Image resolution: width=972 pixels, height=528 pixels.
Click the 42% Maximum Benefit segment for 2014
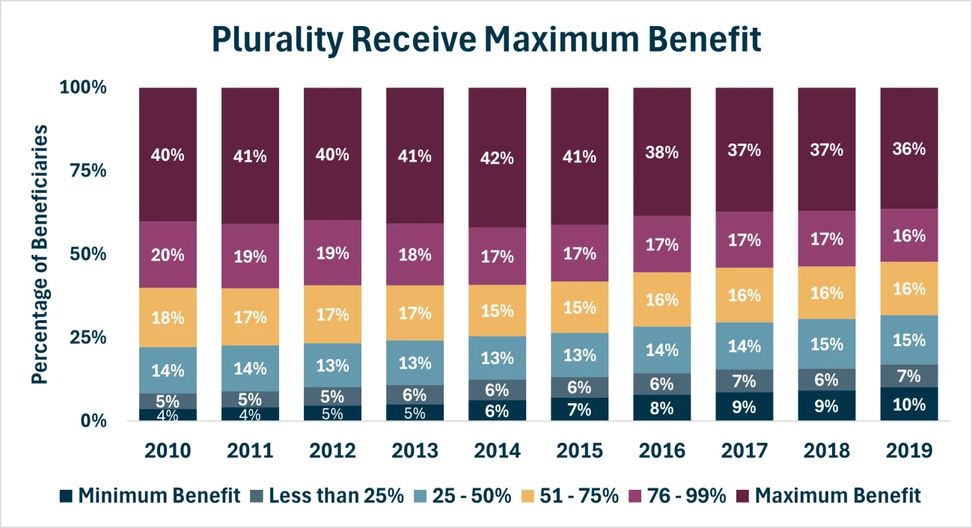497,158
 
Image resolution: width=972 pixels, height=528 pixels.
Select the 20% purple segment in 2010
168,255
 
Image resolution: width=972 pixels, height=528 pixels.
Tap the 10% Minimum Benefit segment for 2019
908,405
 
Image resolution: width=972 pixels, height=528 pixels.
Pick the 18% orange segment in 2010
168,317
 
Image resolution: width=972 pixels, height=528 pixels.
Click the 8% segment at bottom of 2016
661,408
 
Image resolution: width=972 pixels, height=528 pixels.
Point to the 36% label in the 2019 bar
908,149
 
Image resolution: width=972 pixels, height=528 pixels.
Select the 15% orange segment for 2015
579,307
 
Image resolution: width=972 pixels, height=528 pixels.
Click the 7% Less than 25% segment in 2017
744,381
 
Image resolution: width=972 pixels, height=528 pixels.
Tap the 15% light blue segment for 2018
826,344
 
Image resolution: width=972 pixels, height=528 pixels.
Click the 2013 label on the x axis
415,451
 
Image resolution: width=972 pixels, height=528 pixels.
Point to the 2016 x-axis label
661,451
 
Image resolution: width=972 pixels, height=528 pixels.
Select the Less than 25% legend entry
334,496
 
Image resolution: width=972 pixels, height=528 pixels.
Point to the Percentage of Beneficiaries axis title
40,254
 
